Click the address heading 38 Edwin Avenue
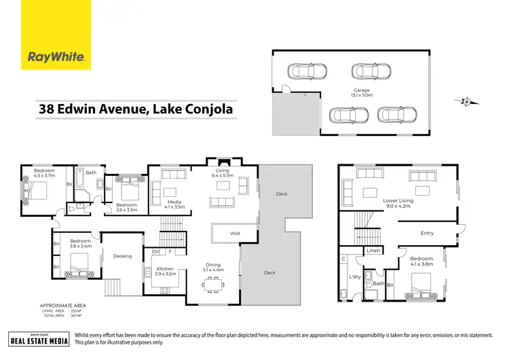tap(136, 109)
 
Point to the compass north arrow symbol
tap(468, 102)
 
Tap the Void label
tap(235, 233)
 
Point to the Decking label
tap(122, 256)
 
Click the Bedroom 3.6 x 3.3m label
tap(127, 207)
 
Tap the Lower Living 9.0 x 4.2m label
tap(398, 203)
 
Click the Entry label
tap(427, 233)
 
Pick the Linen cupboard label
tap(373, 251)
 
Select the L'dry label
tap(354, 278)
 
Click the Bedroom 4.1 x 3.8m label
tap(421, 262)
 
